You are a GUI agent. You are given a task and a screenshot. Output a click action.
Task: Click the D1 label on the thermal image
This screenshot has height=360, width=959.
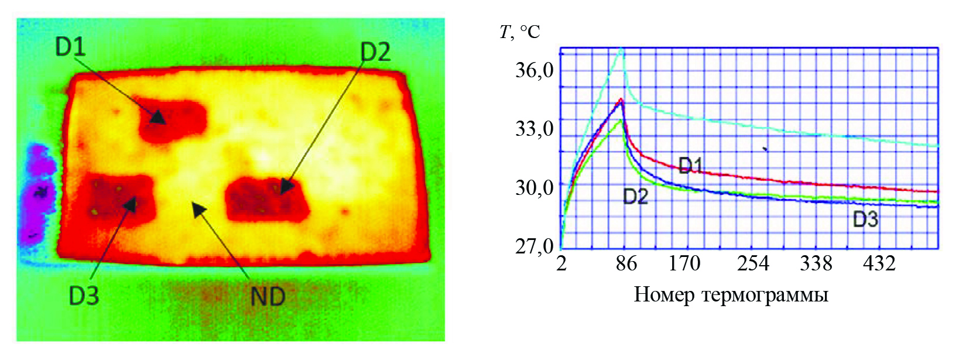coord(70,47)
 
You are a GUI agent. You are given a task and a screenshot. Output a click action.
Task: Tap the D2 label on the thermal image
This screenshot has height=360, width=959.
coord(375,53)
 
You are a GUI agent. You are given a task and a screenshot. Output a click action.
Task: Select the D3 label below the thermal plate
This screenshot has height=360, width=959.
coord(84,296)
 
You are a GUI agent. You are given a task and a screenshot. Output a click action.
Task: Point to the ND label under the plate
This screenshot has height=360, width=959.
coord(268,297)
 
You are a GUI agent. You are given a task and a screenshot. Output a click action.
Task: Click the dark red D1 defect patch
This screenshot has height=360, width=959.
coord(173,120)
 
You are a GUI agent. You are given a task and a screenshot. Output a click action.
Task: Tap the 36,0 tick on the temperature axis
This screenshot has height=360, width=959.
coord(534,70)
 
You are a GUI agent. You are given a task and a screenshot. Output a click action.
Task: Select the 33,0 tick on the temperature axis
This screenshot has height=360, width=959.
coord(534,128)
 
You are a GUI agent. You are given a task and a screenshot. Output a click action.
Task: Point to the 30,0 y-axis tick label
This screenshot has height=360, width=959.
coord(534,187)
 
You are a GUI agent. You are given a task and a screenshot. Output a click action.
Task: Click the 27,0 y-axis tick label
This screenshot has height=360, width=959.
coord(534,246)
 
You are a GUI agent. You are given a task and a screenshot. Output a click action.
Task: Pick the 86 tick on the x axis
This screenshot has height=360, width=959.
coord(626,264)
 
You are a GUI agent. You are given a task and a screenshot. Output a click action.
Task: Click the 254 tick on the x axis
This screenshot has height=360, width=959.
coord(753,264)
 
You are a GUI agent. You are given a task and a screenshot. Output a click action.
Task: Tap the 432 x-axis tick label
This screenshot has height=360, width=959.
coord(879,264)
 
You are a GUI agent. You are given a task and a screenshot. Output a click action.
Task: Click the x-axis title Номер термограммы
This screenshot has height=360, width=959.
coord(731,294)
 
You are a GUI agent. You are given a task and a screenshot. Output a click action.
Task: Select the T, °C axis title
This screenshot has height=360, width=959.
coord(520,31)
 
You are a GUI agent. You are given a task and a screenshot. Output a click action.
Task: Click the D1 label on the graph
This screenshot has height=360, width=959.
coord(690,166)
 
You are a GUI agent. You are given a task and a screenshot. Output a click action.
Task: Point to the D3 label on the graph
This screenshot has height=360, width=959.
coord(865,220)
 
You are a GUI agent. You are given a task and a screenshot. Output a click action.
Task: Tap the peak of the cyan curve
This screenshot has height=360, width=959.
coord(622,49)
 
